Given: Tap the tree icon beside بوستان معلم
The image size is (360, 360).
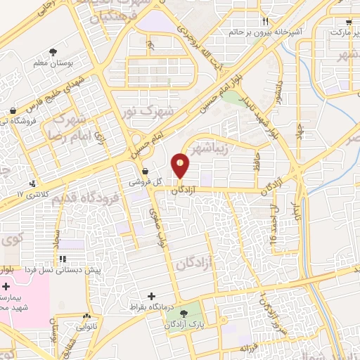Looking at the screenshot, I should click(x=53, y=51).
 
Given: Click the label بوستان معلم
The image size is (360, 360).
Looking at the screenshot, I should click(x=54, y=63).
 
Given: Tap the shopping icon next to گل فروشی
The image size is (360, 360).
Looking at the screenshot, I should click(x=145, y=171).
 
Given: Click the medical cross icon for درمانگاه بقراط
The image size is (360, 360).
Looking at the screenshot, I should click(x=150, y=296).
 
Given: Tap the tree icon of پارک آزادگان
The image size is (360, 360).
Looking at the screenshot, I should click(x=185, y=314).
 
